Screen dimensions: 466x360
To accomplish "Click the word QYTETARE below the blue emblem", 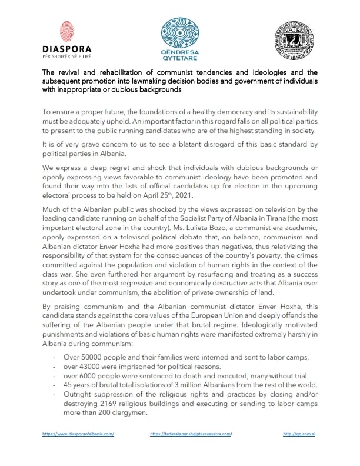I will click(180, 58).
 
